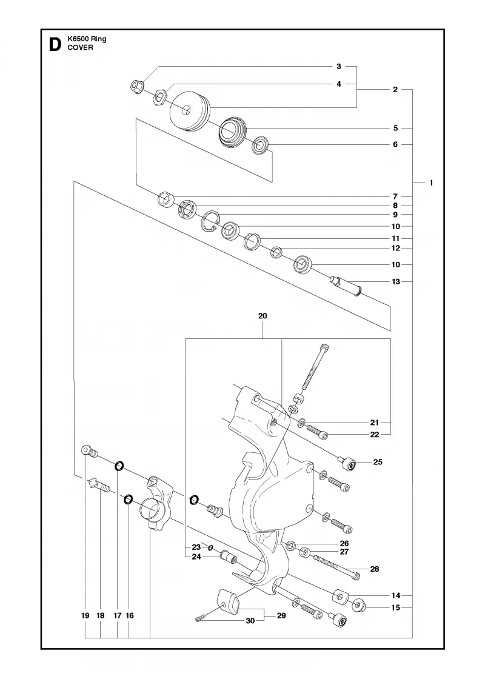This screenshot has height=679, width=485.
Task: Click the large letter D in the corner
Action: click(x=55, y=44)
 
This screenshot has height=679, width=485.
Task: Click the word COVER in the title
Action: click(x=80, y=48)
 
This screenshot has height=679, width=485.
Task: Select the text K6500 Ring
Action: click(x=87, y=39)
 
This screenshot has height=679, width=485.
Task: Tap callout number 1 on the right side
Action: click(x=431, y=182)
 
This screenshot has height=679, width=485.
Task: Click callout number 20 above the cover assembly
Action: click(x=263, y=316)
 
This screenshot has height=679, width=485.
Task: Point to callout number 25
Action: click(x=378, y=462)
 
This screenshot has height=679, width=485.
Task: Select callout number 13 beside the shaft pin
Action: click(x=396, y=281)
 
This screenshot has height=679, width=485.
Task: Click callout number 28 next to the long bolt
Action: click(x=375, y=569)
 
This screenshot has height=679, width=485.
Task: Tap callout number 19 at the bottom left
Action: click(x=85, y=615)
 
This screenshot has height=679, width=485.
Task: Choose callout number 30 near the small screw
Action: click(x=250, y=621)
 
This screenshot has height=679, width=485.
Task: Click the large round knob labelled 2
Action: click(x=190, y=110)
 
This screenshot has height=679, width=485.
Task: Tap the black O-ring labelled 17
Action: click(x=119, y=466)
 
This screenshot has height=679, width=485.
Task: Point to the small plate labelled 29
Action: click(x=228, y=600)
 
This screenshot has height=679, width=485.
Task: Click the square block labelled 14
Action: click(x=341, y=597)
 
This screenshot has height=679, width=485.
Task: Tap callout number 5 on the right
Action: click(x=395, y=128)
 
